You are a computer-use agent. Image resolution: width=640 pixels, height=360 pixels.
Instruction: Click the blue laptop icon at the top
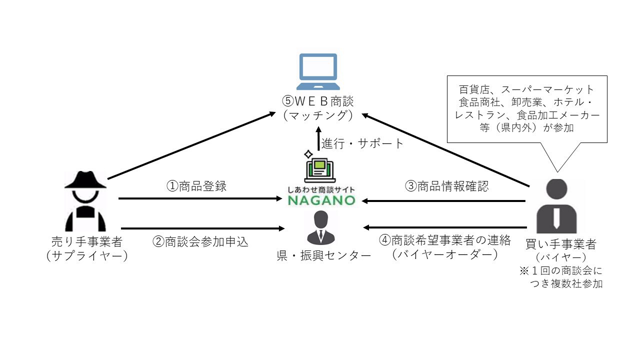tap(317, 70)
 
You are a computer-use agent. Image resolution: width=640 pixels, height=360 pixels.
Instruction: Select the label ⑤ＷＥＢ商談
tap(317, 101)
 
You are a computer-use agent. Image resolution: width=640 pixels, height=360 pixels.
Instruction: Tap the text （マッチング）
tap(317, 115)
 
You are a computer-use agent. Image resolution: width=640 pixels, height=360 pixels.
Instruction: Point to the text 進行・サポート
tap(362, 143)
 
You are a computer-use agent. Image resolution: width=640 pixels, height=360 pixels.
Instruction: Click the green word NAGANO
tap(321, 200)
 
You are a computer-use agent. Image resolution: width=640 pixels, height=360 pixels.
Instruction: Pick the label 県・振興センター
tap(323, 255)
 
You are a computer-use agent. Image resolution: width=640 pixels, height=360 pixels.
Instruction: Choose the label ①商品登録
tap(196, 186)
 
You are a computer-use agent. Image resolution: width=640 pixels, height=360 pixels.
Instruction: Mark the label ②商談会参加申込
tap(200, 241)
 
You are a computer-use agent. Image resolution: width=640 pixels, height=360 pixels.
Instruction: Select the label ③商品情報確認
tap(446, 186)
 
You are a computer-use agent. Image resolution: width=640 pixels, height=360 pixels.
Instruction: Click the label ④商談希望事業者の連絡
tap(445, 240)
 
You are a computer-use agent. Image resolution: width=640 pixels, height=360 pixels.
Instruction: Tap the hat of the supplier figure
tap(85, 180)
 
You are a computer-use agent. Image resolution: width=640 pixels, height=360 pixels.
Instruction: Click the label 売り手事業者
tap(86, 241)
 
